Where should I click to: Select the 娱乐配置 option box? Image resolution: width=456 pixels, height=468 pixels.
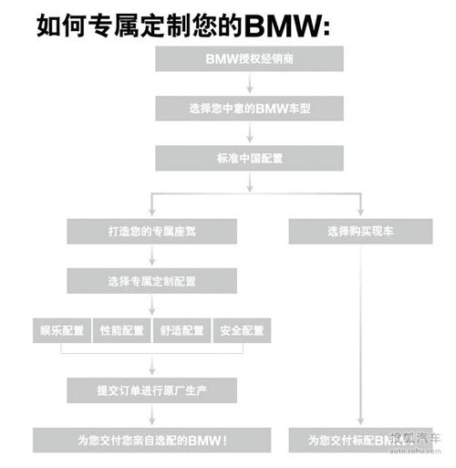60,330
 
